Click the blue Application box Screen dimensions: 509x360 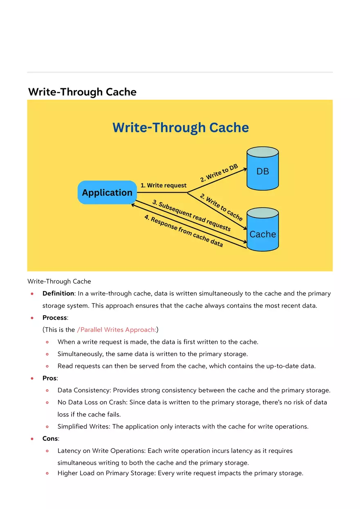tap(107, 193)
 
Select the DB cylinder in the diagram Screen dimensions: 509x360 tap(262, 170)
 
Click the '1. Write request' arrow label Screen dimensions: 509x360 tap(164, 185)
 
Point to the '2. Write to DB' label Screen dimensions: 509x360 tap(219, 173)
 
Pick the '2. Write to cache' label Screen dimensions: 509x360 tap(221, 207)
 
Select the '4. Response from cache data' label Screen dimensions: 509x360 tap(184, 231)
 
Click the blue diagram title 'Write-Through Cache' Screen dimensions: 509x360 tap(180, 128)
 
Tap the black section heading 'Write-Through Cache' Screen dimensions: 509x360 tap(82, 92)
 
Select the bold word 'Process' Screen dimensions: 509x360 tap(54, 318)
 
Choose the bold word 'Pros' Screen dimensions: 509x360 tap(49, 378)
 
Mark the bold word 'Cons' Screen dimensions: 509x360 tap(50, 439)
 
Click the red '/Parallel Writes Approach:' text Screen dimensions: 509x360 tap(116, 330)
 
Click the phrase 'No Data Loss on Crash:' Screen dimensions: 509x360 tap(92, 402)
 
